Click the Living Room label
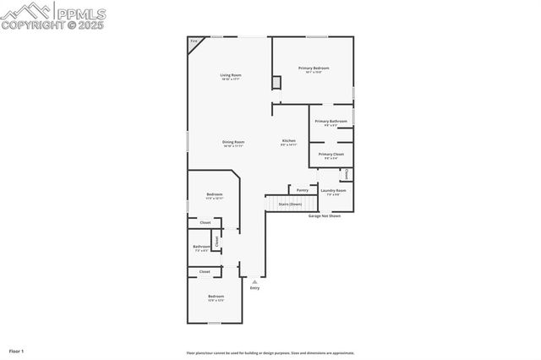coord(231,75)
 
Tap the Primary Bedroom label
coord(313,68)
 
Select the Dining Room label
coord(233,142)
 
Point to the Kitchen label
coord(289,140)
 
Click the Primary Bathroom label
coord(331,122)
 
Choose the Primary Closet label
coord(331,155)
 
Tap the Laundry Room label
coord(333,191)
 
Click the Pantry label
coord(302,190)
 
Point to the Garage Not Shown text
coord(325,215)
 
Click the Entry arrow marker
coord(254,281)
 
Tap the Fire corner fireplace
coord(194,41)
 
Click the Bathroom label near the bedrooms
coord(202,247)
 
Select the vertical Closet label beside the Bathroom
coord(217,241)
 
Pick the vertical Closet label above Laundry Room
coord(347,174)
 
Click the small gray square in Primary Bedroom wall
coord(276,82)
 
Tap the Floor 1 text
coord(17,350)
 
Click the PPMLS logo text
coord(82,12)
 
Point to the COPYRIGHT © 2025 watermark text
coord(53,25)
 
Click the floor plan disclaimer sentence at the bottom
coord(270,353)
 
